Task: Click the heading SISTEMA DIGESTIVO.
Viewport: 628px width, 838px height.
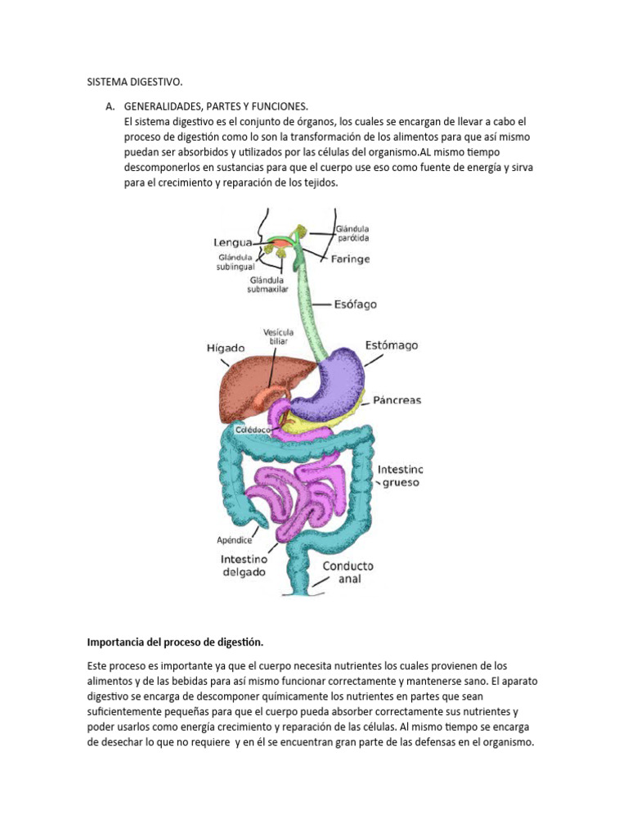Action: click(x=135, y=83)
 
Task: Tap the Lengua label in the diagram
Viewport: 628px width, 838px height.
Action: click(x=232, y=241)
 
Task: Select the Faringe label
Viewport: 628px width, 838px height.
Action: click(x=351, y=259)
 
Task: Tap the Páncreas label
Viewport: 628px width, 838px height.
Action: click(x=397, y=400)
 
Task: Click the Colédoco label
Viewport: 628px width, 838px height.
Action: click(x=253, y=429)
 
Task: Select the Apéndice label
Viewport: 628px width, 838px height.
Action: click(x=234, y=540)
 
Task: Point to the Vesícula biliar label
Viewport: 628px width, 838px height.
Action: click(x=276, y=336)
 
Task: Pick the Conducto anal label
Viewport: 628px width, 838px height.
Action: click(x=348, y=572)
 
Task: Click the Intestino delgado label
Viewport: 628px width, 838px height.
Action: click(x=243, y=565)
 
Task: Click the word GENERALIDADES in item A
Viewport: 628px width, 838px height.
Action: click(x=162, y=107)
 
